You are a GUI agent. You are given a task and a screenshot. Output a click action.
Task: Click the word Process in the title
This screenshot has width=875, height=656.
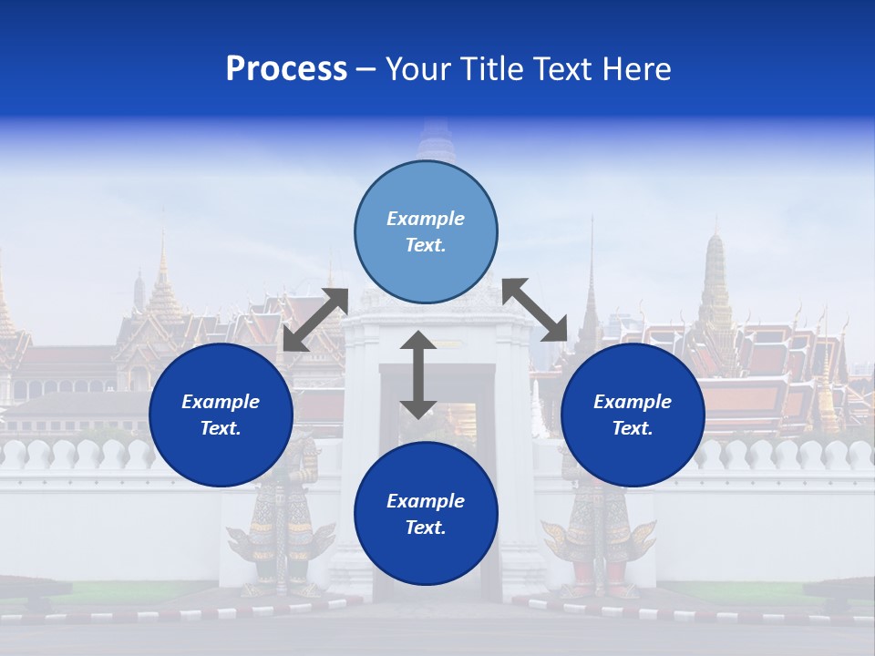[286, 69]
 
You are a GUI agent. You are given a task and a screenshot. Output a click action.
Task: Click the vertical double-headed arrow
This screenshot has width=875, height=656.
[418, 375]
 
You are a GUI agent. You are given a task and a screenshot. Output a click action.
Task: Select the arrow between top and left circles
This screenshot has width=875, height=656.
[315, 320]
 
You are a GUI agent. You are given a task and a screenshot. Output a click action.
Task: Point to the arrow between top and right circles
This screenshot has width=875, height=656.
[534, 310]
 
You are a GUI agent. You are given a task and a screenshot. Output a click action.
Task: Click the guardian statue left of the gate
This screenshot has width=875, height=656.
[281, 519]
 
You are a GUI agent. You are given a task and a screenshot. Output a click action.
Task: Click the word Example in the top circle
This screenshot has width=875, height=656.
[426, 219]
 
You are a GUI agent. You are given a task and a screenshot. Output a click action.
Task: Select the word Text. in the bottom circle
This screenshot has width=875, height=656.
[426, 528]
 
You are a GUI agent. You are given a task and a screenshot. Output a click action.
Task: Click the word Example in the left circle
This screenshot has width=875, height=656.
[221, 402]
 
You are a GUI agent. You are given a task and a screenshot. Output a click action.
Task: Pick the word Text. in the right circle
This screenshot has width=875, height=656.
[633, 428]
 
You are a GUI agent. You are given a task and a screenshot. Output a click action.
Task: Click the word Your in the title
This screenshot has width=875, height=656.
[416, 69]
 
